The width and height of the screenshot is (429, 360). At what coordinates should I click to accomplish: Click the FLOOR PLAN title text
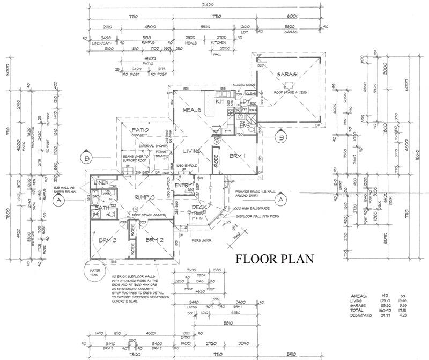click(x=275, y=260)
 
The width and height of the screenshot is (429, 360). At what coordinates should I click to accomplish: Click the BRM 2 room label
click(x=154, y=240)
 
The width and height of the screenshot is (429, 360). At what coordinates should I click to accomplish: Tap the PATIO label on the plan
click(x=138, y=130)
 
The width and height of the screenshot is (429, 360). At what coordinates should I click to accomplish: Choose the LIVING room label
click(x=189, y=152)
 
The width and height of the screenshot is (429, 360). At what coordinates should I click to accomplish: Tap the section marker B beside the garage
click(x=280, y=138)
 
